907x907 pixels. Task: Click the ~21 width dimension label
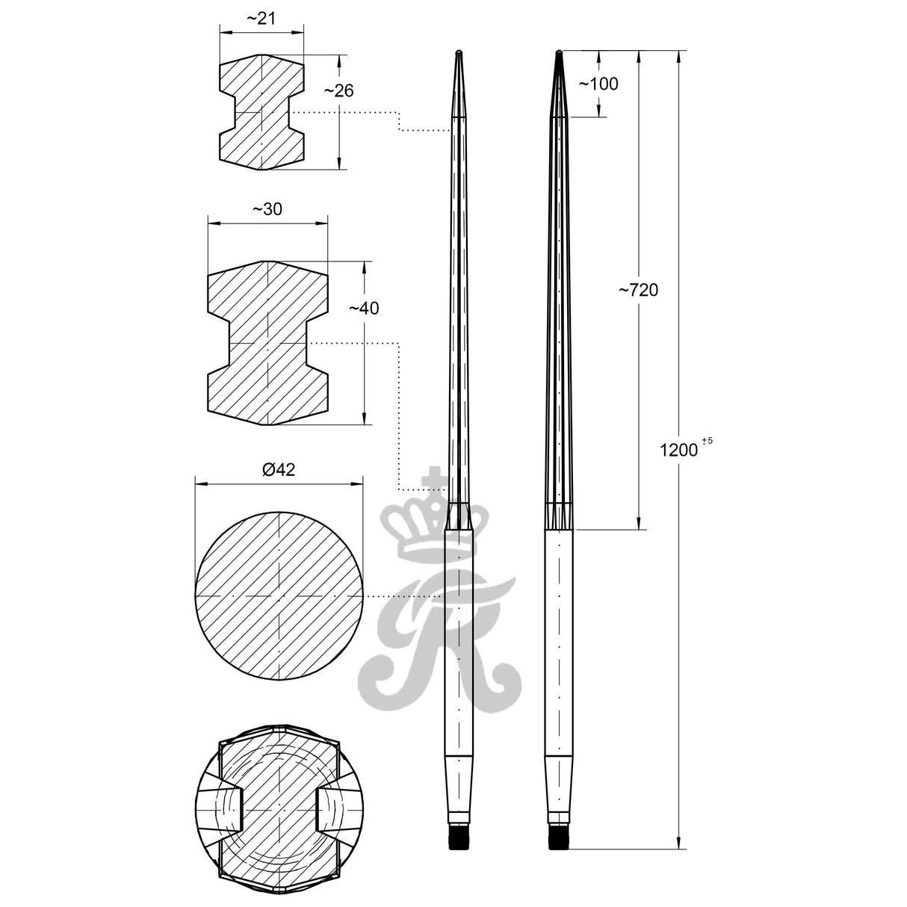coord(261,19)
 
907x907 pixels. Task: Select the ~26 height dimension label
coord(338,90)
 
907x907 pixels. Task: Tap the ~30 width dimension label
coord(267,209)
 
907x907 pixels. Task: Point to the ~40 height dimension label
coord(363,308)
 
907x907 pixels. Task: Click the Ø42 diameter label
coord(279,469)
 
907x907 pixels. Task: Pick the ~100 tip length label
coord(598,84)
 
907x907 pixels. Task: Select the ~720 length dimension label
coord(638,290)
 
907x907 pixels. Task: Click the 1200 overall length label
coord(679,450)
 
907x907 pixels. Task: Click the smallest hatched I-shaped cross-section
coord(261,112)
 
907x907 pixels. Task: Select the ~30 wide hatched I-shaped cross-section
coord(267,343)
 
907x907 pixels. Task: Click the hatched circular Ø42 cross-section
coord(279,597)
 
